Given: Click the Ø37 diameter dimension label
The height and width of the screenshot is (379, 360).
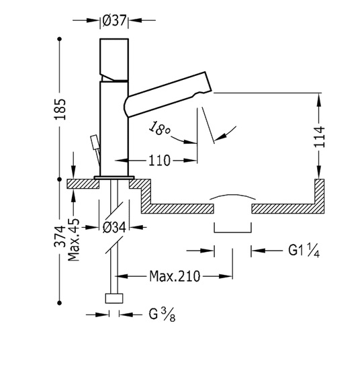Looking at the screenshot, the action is pyautogui.click(x=114, y=21).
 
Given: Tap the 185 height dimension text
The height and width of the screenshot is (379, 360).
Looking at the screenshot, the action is pyautogui.click(x=60, y=109).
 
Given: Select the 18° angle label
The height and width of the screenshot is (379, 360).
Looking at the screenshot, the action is pyautogui.click(x=159, y=128).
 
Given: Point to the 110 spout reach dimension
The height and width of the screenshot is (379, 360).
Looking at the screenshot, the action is pyautogui.click(x=159, y=161).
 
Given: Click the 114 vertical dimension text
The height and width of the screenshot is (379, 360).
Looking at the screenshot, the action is pyautogui.click(x=319, y=136).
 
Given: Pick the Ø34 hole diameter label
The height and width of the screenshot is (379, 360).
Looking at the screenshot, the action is pyautogui.click(x=114, y=227).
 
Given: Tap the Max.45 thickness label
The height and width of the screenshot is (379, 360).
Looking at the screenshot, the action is pyautogui.click(x=74, y=240).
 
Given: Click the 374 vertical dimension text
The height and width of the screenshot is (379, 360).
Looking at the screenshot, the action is pyautogui.click(x=60, y=236).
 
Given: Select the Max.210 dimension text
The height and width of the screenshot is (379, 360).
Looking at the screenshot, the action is pyautogui.click(x=175, y=276).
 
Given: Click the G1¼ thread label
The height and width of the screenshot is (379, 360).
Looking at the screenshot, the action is pyautogui.click(x=304, y=251).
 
